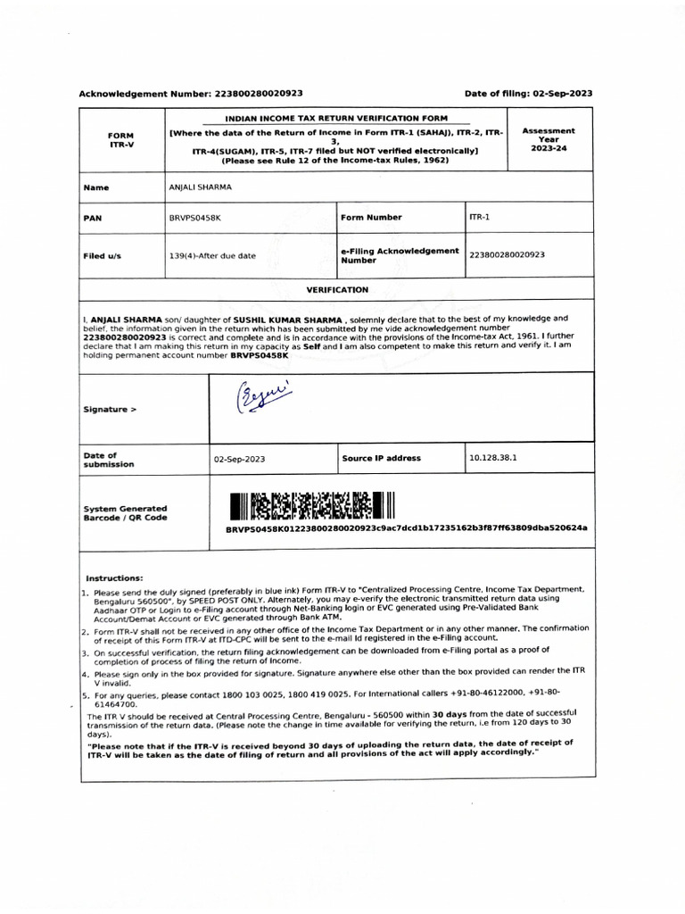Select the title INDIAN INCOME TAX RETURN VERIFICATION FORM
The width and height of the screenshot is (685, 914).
click(x=336, y=118)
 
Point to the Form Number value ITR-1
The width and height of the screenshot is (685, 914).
click(x=480, y=217)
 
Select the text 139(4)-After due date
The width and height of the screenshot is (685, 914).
click(x=212, y=255)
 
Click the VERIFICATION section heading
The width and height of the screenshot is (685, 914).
click(x=337, y=290)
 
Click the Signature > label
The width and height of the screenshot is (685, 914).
click(x=111, y=410)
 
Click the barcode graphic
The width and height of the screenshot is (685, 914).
click(x=311, y=506)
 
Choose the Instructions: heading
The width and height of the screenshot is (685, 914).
click(x=114, y=578)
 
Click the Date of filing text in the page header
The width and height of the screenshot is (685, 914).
click(x=528, y=93)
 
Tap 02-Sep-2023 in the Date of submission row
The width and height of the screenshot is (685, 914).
click(x=239, y=459)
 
